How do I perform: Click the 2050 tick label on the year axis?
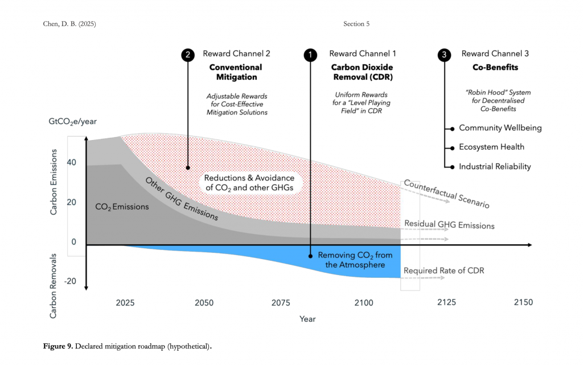tap(204, 302)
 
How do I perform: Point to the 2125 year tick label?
tap(446, 302)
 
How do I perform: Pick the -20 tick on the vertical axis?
tap(70, 281)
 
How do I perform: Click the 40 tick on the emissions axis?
tap(72, 162)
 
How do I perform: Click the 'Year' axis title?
tap(307, 319)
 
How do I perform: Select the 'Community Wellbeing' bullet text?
tap(500, 128)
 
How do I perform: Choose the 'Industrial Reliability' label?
tap(495, 166)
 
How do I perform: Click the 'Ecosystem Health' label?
tap(491, 147)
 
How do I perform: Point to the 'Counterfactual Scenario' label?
tap(447, 194)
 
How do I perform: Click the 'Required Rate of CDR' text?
tap(444, 270)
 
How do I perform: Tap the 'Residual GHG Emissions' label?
tap(449, 225)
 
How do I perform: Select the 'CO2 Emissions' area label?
tap(122, 207)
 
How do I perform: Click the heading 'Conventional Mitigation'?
tap(236, 72)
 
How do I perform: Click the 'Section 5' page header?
tap(356, 23)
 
